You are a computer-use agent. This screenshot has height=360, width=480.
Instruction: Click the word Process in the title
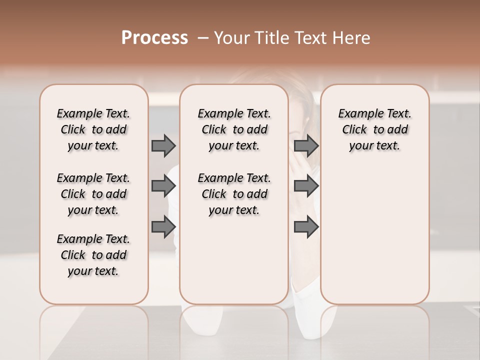point(154,37)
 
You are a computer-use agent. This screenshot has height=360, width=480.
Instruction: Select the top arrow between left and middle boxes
point(163,145)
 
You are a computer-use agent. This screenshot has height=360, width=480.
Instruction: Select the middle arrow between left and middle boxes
point(163,186)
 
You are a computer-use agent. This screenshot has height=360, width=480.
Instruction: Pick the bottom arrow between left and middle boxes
point(163,226)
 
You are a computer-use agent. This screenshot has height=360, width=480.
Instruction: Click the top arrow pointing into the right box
point(306,145)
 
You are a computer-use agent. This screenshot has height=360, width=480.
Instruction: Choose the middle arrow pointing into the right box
point(306,186)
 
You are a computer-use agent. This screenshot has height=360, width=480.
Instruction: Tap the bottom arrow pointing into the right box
point(306,226)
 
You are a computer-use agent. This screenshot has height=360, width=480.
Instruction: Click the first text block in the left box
point(93,129)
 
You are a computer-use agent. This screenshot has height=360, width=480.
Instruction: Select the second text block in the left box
point(93,194)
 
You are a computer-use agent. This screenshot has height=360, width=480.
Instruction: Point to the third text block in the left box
point(93,255)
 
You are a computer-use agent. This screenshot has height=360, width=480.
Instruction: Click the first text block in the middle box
point(234,129)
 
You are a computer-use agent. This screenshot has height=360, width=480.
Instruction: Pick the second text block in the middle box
point(234,194)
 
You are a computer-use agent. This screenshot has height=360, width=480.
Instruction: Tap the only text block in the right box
point(374,129)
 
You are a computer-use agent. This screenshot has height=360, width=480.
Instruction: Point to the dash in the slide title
point(203,37)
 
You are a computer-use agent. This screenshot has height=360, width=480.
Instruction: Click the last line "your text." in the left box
point(93,271)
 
